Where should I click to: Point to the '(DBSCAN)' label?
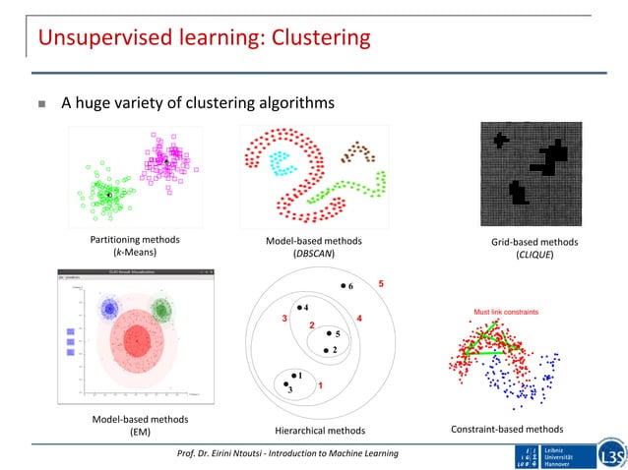pos(314,254)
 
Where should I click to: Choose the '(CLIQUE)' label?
pos(534,255)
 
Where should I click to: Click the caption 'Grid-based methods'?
pos(534,242)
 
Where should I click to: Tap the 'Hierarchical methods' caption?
pos(319,430)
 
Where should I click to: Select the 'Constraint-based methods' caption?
pos(506,429)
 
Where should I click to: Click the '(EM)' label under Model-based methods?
pos(141,431)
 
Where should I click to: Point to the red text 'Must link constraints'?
pos(506,312)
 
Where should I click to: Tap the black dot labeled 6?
pos(342,286)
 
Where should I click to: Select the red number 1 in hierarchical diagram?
pos(321,385)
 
